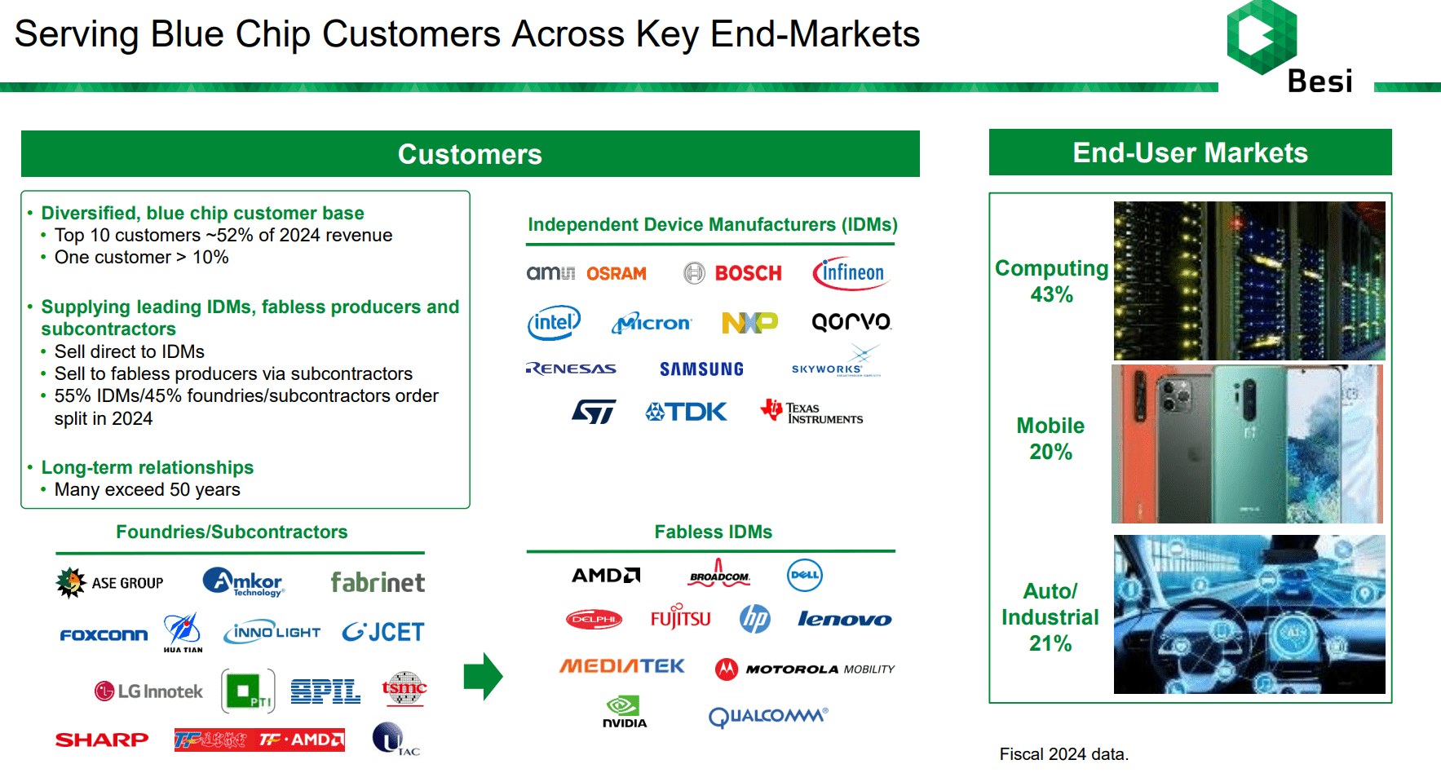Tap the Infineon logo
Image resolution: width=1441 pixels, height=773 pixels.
851,273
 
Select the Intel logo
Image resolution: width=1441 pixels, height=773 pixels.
554,323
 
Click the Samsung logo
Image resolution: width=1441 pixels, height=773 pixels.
701,369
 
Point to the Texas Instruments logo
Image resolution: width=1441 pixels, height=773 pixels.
811,413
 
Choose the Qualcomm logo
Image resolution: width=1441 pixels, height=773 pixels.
767,716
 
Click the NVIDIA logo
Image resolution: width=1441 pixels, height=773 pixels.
625,712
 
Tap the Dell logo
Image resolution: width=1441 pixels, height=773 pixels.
804,575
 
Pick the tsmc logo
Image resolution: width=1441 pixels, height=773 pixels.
404,690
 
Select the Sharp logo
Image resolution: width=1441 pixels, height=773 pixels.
102,740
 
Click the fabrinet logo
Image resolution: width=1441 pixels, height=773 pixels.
378,582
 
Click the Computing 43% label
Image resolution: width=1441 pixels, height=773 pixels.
1051,281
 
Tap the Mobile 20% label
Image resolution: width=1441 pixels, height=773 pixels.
1050,439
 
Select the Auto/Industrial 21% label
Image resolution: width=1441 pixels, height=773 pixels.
1050,617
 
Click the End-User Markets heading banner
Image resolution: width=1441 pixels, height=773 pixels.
1190,152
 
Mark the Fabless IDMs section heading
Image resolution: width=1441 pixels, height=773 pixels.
713,532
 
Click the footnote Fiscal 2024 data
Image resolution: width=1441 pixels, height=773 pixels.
1063,754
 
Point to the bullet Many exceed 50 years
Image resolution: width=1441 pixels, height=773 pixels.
147,490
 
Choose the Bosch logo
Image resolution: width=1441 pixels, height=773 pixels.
732,273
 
